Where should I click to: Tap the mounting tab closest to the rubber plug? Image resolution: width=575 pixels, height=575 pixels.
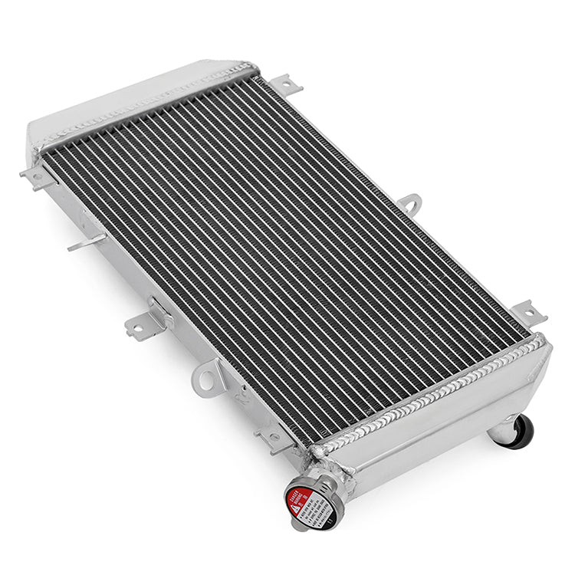529,313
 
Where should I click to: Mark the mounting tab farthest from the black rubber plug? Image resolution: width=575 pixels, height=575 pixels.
37,176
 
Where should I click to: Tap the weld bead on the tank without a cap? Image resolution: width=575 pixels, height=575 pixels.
146,104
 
